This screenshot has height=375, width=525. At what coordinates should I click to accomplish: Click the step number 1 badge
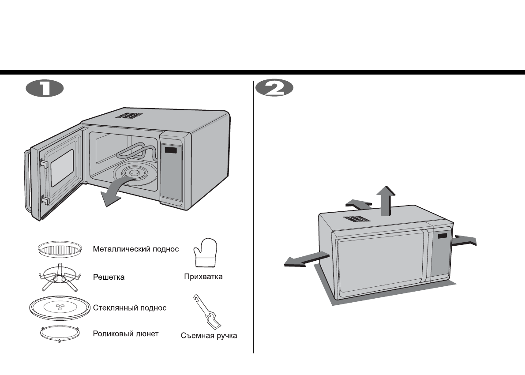[x=45, y=88]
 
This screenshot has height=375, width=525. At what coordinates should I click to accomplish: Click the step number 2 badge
[x=274, y=88]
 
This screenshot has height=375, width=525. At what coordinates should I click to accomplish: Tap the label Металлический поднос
[x=135, y=249]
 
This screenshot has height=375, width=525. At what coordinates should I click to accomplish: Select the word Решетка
[x=109, y=277]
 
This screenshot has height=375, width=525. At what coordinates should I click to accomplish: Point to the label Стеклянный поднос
[x=130, y=307]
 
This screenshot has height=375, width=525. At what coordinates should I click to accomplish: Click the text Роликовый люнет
[x=126, y=334]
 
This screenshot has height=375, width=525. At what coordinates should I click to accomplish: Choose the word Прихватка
[x=203, y=277]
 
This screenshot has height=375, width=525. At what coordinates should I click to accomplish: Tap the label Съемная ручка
[x=209, y=336]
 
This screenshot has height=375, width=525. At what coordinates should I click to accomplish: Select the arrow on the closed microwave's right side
[x=465, y=240]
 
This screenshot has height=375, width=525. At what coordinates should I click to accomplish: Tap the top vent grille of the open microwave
[x=129, y=116]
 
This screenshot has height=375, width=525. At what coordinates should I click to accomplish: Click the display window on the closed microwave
[x=442, y=236]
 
